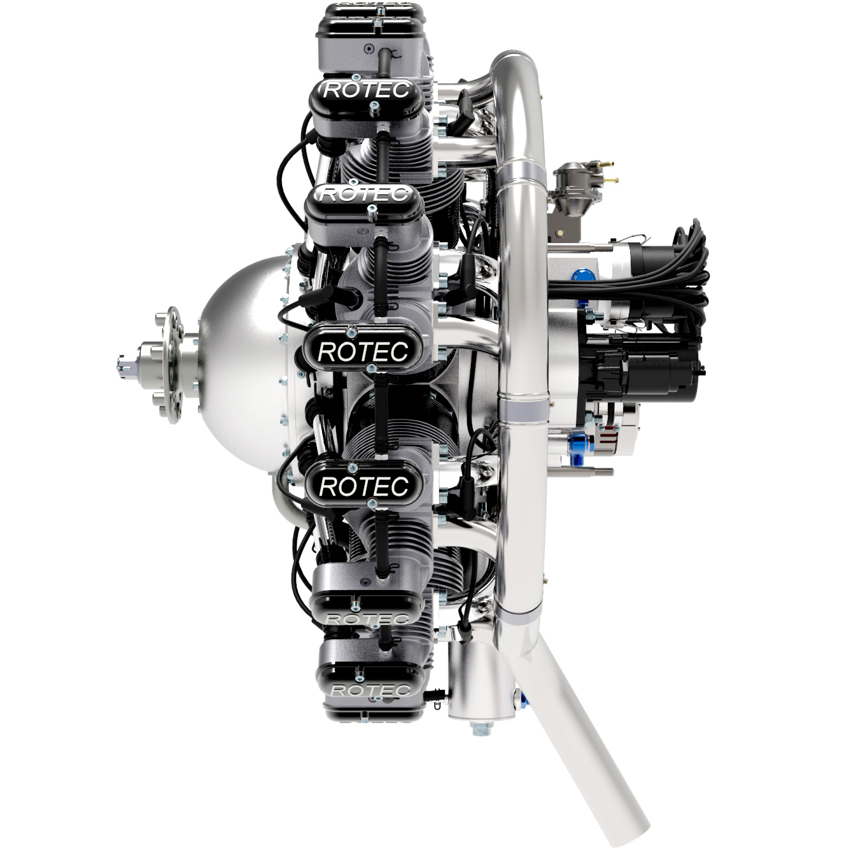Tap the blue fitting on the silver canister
523,700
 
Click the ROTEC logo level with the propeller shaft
363,351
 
